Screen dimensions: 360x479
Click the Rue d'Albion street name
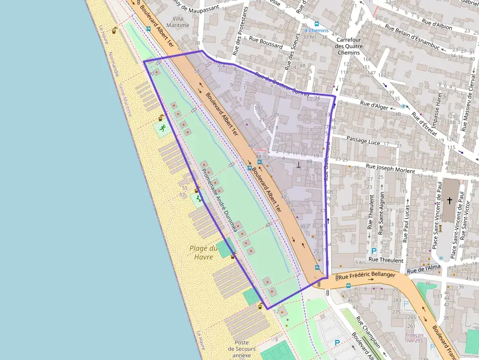point(437,22)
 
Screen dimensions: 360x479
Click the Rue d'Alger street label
point(374,104)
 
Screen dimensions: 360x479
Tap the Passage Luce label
point(363,140)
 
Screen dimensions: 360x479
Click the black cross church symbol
point(450,200)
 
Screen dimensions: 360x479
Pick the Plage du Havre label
point(202,253)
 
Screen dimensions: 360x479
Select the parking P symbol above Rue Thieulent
point(374,251)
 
